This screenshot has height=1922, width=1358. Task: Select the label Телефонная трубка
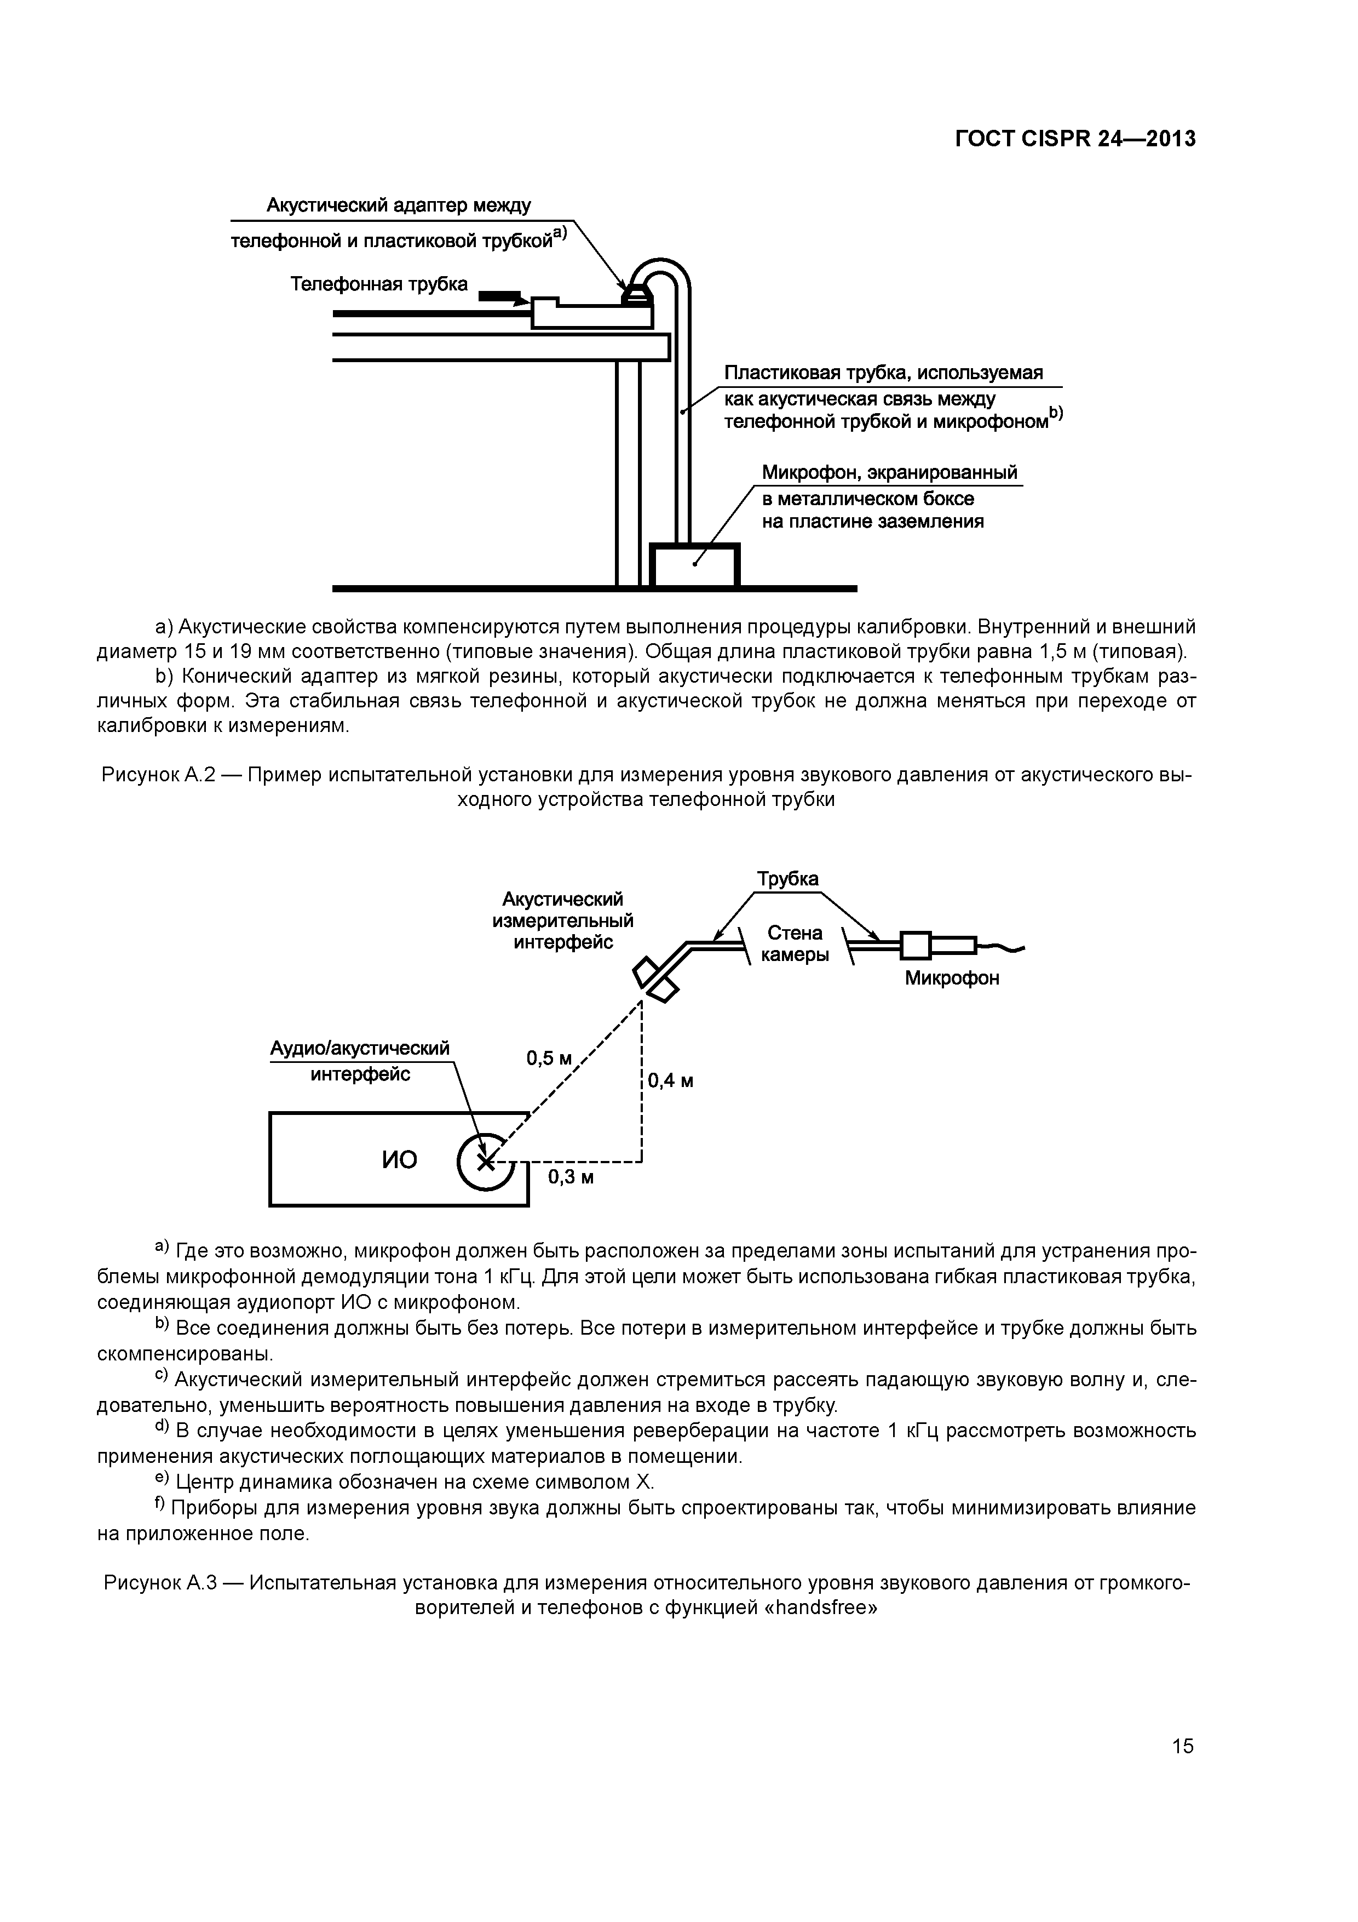(x=379, y=284)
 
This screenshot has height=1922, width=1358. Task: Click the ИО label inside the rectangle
(x=399, y=1159)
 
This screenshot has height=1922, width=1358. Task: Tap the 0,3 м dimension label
(x=572, y=1177)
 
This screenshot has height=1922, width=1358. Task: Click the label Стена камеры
(x=795, y=943)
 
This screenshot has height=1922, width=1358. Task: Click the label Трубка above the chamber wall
(x=787, y=879)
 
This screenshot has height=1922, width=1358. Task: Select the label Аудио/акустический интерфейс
(x=360, y=1061)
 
